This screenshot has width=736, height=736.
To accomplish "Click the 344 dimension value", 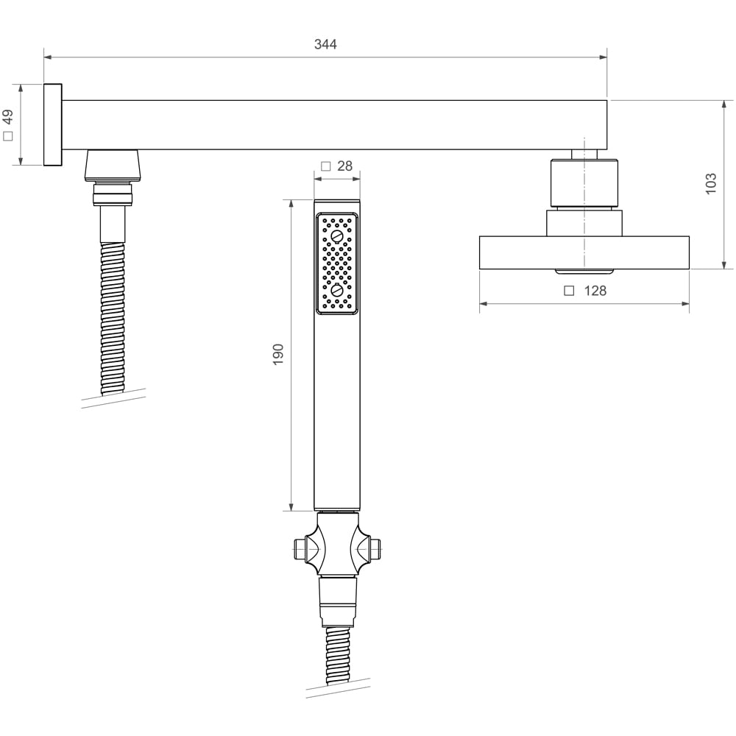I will [x=325, y=44].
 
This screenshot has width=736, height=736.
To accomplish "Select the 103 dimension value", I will [x=710, y=183].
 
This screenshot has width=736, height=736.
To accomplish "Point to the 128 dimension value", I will [x=595, y=291].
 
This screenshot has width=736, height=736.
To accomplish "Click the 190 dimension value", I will [x=278, y=355].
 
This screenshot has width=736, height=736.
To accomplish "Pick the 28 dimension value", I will [x=344, y=166].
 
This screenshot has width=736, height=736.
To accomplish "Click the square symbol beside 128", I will [x=569, y=291].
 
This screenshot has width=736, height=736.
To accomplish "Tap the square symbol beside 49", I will [x=8, y=136].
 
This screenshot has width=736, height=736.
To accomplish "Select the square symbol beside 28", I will [x=325, y=166].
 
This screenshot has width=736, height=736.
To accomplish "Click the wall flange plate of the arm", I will [x=52, y=124].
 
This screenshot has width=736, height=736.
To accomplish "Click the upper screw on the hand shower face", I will [x=337, y=236].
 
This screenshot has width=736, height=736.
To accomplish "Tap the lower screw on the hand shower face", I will [x=337, y=290].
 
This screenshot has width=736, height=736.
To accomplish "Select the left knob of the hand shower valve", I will [x=300, y=548].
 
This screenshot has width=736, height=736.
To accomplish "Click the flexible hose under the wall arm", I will [x=113, y=316].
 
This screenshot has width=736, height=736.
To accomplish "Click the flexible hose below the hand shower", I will [x=338, y=655].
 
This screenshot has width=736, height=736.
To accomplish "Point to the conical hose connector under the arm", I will [x=113, y=165].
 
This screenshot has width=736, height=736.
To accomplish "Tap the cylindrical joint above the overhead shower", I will [x=584, y=182].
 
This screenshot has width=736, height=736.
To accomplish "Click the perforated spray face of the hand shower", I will [x=337, y=263].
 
